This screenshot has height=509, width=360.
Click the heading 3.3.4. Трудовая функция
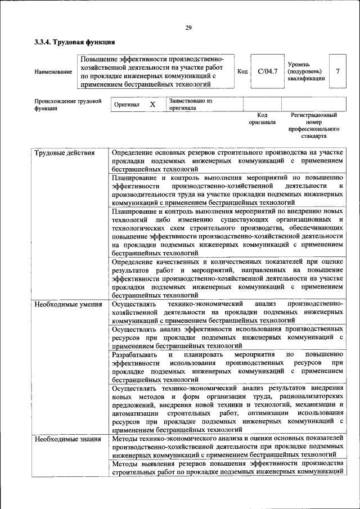tap(75, 42)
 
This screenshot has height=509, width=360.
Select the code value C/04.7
tap(268, 71)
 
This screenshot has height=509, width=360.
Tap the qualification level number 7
tap(337, 71)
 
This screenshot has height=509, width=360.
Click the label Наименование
tap(53, 72)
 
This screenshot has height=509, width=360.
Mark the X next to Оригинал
tap(152, 105)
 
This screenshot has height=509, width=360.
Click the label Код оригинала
tap(262, 118)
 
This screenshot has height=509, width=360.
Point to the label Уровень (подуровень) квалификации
tap(305, 71)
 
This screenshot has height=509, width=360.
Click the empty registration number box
tap(313, 105)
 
